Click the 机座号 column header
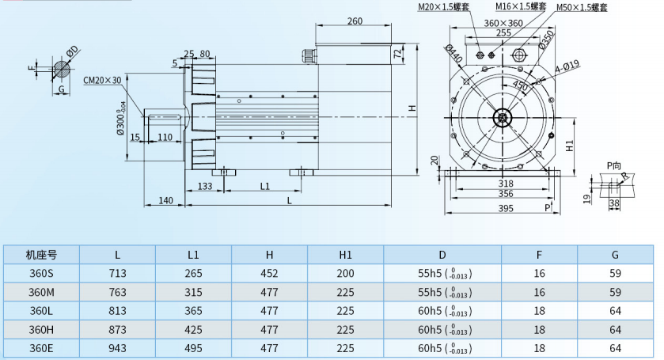click(x=41, y=255)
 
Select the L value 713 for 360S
click(x=118, y=273)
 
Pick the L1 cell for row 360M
click(x=194, y=291)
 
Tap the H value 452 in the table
click(x=270, y=273)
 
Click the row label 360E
click(x=41, y=347)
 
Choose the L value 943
click(x=118, y=347)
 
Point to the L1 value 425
click(x=194, y=328)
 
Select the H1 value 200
click(x=346, y=273)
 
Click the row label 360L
click(x=41, y=310)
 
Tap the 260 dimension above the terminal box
click(x=355, y=21)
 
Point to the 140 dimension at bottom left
click(x=165, y=201)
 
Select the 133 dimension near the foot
click(x=205, y=186)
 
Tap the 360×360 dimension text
click(x=503, y=23)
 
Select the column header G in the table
click(x=616, y=255)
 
